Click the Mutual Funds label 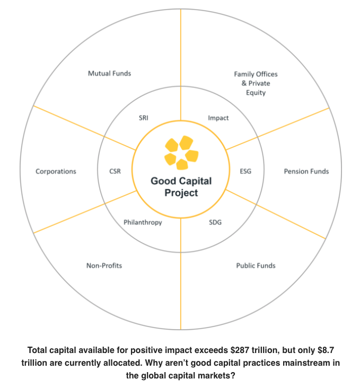[x=109, y=73]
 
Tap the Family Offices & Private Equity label [x=256, y=83]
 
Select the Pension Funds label [x=306, y=171]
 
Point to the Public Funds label [x=256, y=265]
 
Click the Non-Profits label [x=104, y=265]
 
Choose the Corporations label [x=56, y=171]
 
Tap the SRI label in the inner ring [x=143, y=118]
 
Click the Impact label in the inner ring [x=218, y=118]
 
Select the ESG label [x=245, y=171]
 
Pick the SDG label [x=215, y=222]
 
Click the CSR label [x=115, y=171]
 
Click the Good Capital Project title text [x=181, y=187]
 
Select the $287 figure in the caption [x=242, y=350]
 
